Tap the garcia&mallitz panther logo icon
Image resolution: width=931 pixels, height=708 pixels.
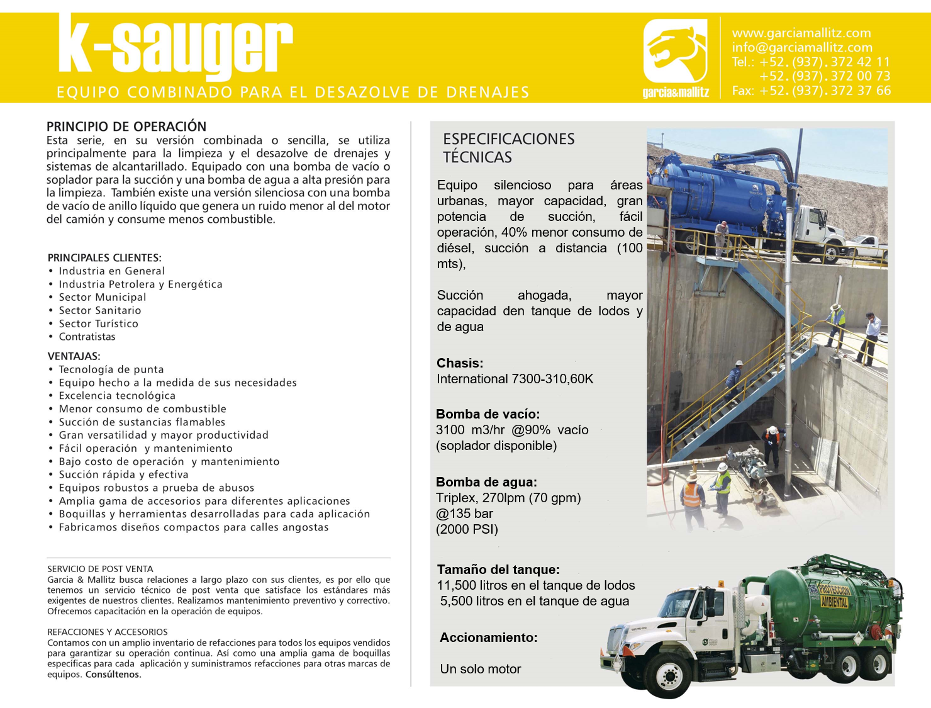(675, 50)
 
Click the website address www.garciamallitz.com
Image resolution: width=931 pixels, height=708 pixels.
(801, 33)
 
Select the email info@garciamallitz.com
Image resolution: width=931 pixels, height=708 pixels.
(801, 47)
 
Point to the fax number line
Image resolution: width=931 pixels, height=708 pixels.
(811, 91)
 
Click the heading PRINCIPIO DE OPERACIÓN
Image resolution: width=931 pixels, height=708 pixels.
(126, 126)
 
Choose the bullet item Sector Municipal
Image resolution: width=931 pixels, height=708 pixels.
(102, 297)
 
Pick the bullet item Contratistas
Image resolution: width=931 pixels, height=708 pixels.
(87, 337)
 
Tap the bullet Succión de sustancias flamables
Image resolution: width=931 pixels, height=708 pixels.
(142, 422)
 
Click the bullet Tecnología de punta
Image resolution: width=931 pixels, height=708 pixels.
(111, 369)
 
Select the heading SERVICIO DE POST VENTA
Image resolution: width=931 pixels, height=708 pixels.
(100, 569)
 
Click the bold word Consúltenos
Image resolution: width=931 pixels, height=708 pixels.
(113, 675)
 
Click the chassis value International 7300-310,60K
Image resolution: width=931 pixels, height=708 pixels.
(515, 379)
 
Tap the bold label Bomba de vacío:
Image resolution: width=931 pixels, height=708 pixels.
(488, 414)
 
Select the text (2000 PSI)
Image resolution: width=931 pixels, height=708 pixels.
(467, 529)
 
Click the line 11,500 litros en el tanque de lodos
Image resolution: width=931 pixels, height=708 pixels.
(536, 585)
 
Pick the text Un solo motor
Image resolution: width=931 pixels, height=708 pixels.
(480, 669)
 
